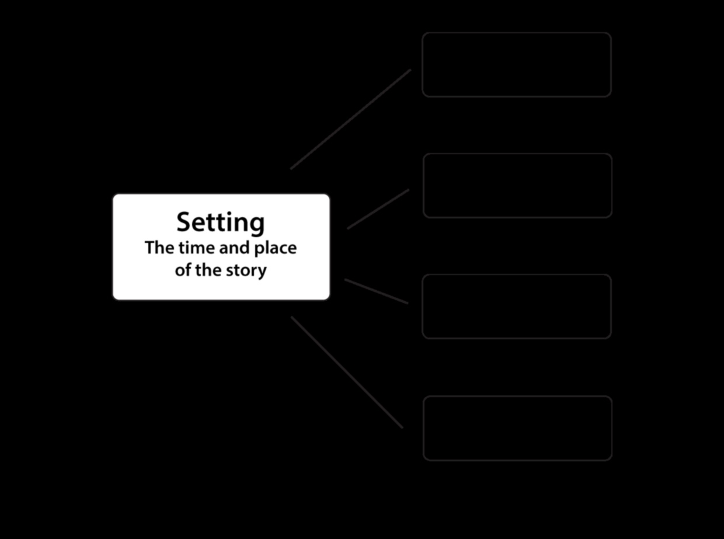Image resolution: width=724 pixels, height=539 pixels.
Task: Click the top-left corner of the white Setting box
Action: [x=114, y=195]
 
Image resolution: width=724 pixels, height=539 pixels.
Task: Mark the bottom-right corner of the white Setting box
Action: [x=329, y=299]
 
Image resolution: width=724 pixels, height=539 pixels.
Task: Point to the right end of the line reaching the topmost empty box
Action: [x=410, y=69]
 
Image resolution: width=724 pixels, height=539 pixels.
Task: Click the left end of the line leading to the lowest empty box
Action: [x=291, y=317]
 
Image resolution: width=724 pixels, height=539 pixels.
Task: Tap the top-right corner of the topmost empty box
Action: [x=611, y=33]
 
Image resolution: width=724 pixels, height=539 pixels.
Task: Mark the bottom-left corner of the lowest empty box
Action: [x=424, y=460]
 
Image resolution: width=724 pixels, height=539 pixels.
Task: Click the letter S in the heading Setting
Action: [x=185, y=222]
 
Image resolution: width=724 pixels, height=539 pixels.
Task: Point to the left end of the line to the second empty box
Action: [x=347, y=228]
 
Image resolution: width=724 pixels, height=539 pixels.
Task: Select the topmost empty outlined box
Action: [x=517, y=65]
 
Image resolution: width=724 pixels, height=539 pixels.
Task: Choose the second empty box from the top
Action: [x=518, y=186]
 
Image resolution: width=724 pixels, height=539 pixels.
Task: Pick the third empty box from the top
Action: [x=517, y=307]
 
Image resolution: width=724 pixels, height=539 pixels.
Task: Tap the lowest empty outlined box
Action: [x=518, y=428]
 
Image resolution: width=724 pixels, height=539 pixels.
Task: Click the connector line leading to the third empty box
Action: [x=377, y=291]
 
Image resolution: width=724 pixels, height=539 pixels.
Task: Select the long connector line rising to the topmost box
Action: [x=350, y=119]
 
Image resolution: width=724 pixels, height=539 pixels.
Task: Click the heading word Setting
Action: [x=221, y=223]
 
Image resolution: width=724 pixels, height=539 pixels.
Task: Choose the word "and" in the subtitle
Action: [x=234, y=248]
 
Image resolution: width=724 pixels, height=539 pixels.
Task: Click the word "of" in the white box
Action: [x=183, y=270]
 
